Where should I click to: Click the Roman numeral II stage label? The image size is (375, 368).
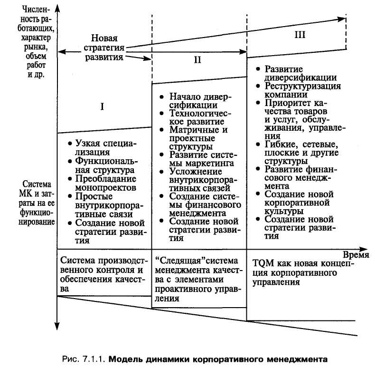click(198, 60)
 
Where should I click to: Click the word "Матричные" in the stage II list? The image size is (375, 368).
click(189, 129)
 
